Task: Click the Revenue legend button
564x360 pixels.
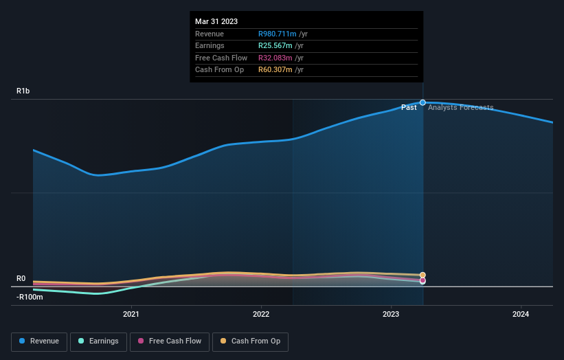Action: tap(40, 341)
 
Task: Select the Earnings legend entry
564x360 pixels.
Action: tap(98, 341)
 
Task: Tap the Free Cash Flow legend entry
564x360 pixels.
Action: tap(170, 341)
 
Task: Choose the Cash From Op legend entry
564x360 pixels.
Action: tap(251, 341)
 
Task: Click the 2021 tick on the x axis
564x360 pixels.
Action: tap(131, 314)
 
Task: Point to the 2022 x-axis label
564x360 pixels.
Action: tap(261, 314)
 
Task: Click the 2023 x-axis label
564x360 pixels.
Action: tap(391, 314)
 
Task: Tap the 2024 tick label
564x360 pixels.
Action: tap(521, 314)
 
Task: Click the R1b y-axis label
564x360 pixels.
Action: tap(23, 91)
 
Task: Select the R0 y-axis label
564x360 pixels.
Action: tap(21, 278)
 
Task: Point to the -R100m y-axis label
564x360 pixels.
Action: tap(30, 297)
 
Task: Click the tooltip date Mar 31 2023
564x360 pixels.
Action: tap(216, 21)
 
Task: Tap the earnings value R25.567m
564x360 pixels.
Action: tap(277, 46)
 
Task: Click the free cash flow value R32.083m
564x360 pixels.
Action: tap(277, 58)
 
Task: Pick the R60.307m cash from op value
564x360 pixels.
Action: tap(277, 70)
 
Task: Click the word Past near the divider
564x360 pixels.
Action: tap(409, 107)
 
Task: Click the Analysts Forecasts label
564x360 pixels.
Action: tap(460, 107)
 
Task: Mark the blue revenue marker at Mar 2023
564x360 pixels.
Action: tap(422, 102)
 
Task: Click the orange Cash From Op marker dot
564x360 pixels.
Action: tap(422, 275)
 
